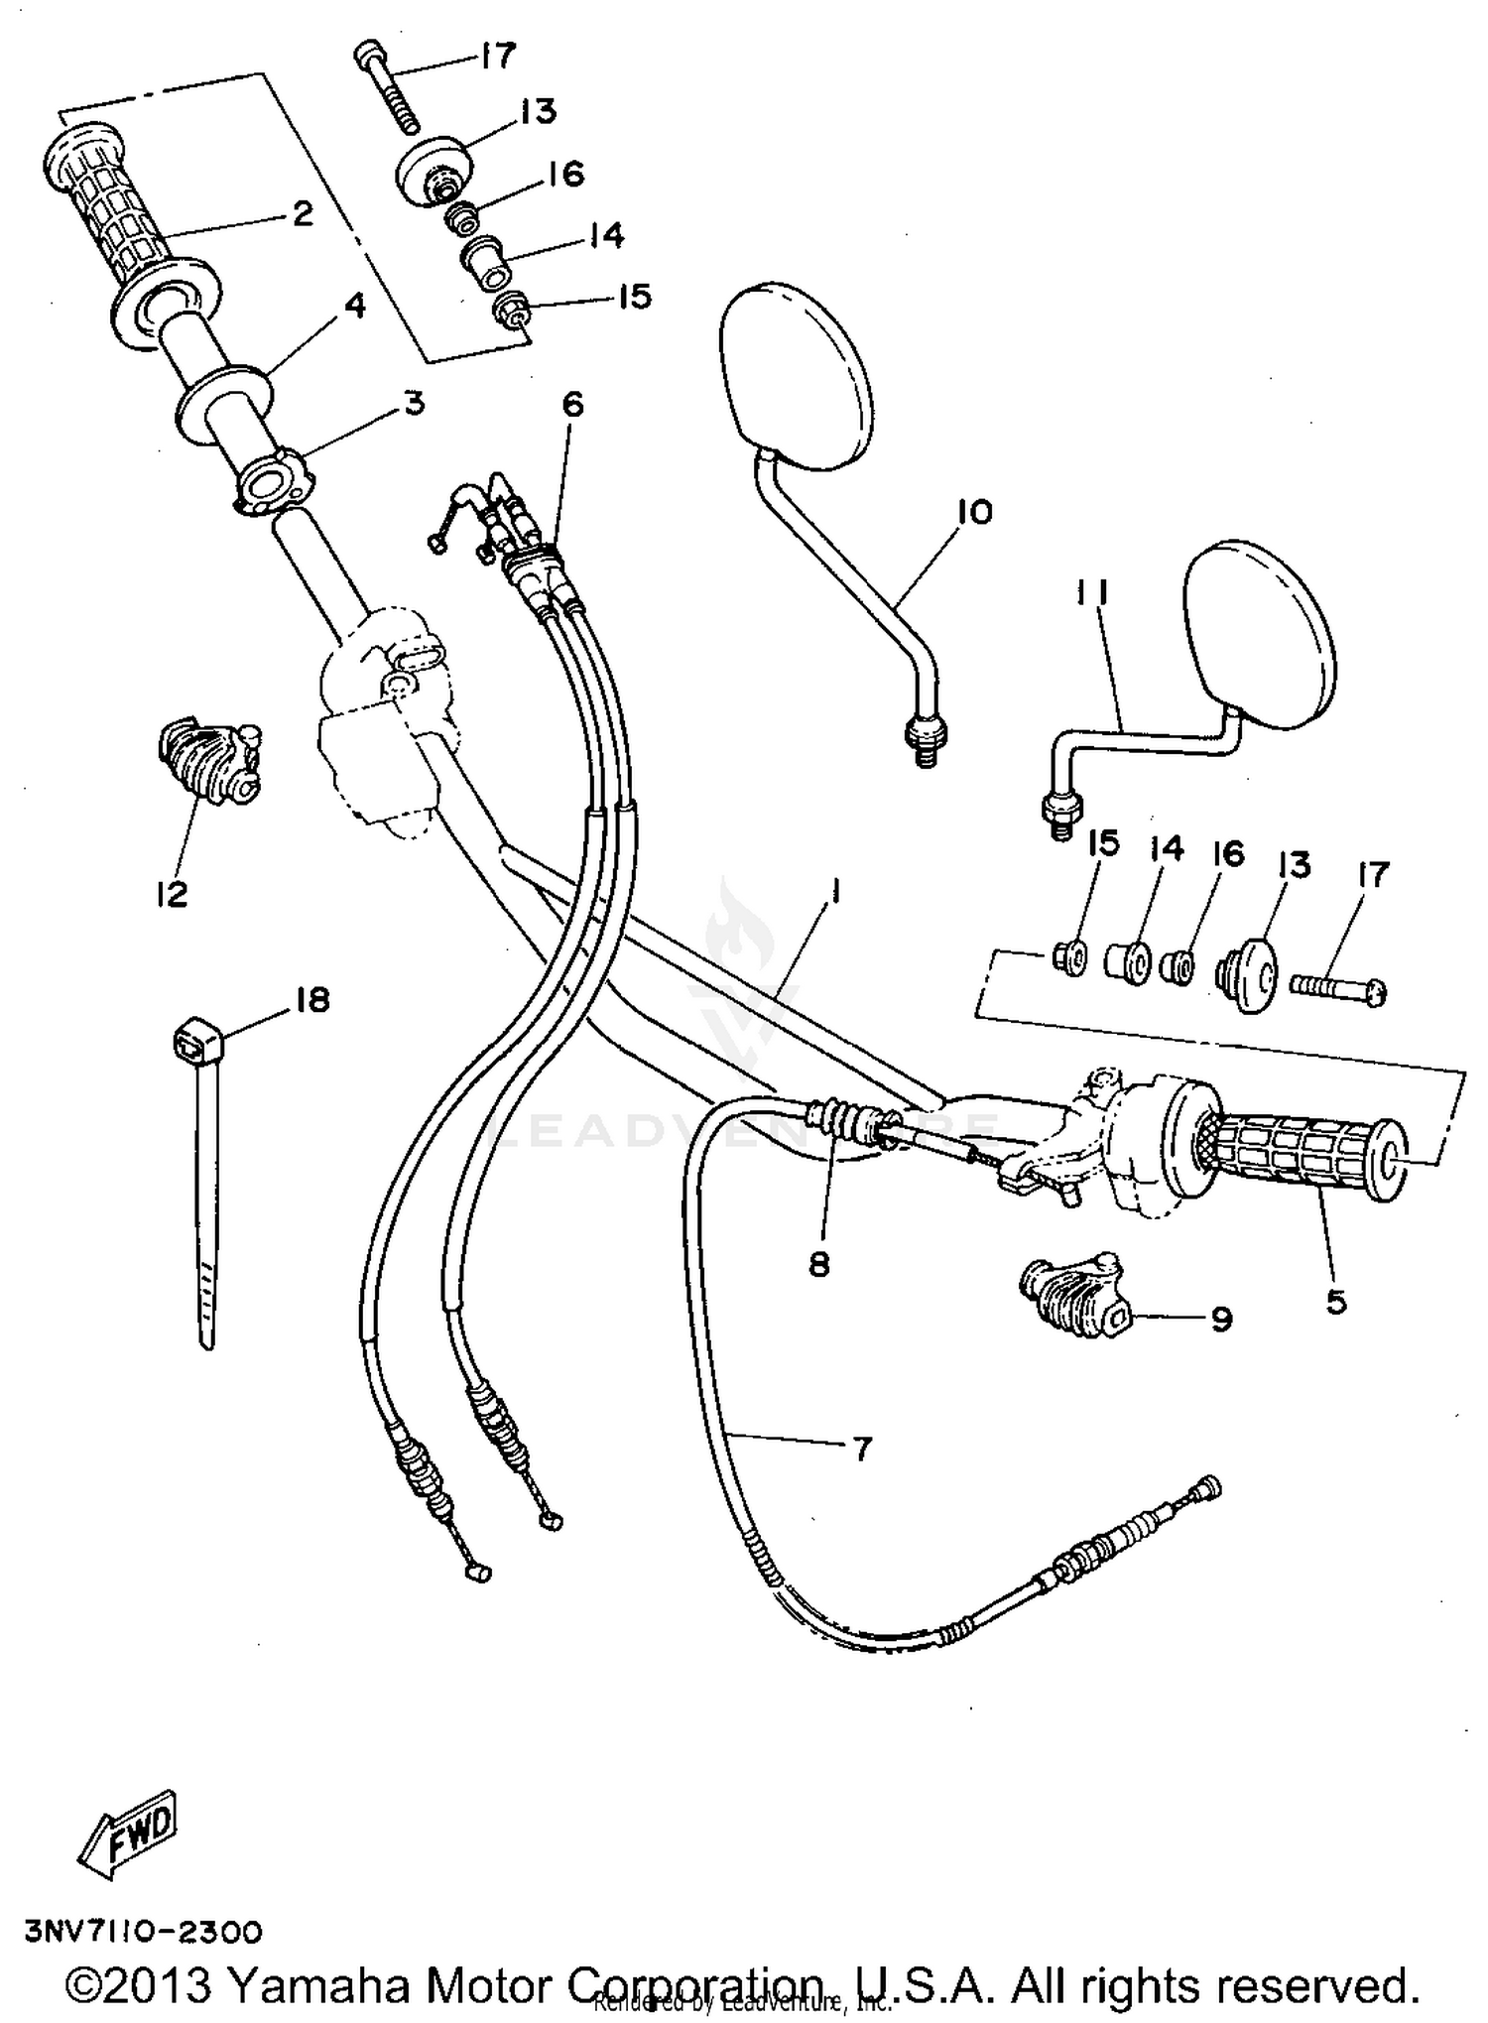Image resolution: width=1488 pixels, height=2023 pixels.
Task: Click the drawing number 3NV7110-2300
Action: coord(144,1932)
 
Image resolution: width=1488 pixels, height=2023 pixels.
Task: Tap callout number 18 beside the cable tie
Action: coord(312,1000)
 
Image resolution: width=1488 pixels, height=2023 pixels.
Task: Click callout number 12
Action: coord(172,893)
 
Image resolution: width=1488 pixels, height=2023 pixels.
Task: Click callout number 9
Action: coord(1221,1319)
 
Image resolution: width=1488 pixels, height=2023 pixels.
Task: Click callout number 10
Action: coord(974,512)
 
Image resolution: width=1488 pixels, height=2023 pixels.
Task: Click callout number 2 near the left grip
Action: coord(303,212)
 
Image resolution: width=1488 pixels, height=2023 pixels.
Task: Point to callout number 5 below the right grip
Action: coord(1336,1301)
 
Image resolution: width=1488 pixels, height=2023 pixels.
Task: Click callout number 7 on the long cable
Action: coord(861,1450)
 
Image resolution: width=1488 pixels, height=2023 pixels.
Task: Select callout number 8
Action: coord(818,1265)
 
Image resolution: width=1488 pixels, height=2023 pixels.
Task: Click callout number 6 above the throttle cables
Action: coord(572,404)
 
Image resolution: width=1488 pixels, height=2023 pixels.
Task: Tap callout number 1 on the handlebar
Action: coord(835,894)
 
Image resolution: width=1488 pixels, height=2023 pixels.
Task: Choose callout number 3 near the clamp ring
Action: coord(413,403)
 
